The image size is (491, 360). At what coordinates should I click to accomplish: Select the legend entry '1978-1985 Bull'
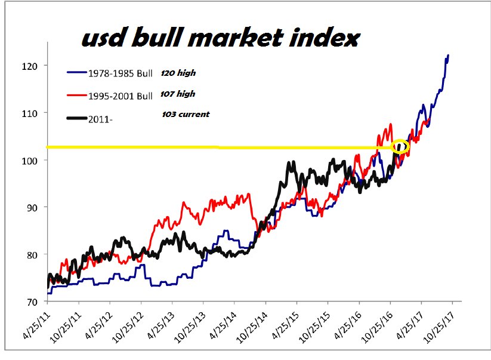click(x=120, y=74)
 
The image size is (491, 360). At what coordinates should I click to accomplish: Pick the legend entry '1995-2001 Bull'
click(x=120, y=96)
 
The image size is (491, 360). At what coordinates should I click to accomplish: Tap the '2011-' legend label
click(x=100, y=119)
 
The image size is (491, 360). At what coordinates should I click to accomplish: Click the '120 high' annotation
click(x=178, y=73)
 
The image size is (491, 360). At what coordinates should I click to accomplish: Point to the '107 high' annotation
click(x=178, y=94)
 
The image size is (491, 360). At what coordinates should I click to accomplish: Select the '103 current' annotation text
click(x=186, y=114)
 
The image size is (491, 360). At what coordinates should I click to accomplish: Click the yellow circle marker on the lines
click(x=400, y=146)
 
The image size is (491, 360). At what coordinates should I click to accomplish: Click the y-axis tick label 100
click(x=33, y=160)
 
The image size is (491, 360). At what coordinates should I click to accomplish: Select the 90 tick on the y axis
click(x=35, y=207)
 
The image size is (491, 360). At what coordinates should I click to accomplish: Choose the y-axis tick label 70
click(x=35, y=302)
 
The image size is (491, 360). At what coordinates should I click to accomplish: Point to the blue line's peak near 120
click(x=448, y=56)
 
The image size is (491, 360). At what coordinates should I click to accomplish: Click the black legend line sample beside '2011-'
click(x=75, y=119)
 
